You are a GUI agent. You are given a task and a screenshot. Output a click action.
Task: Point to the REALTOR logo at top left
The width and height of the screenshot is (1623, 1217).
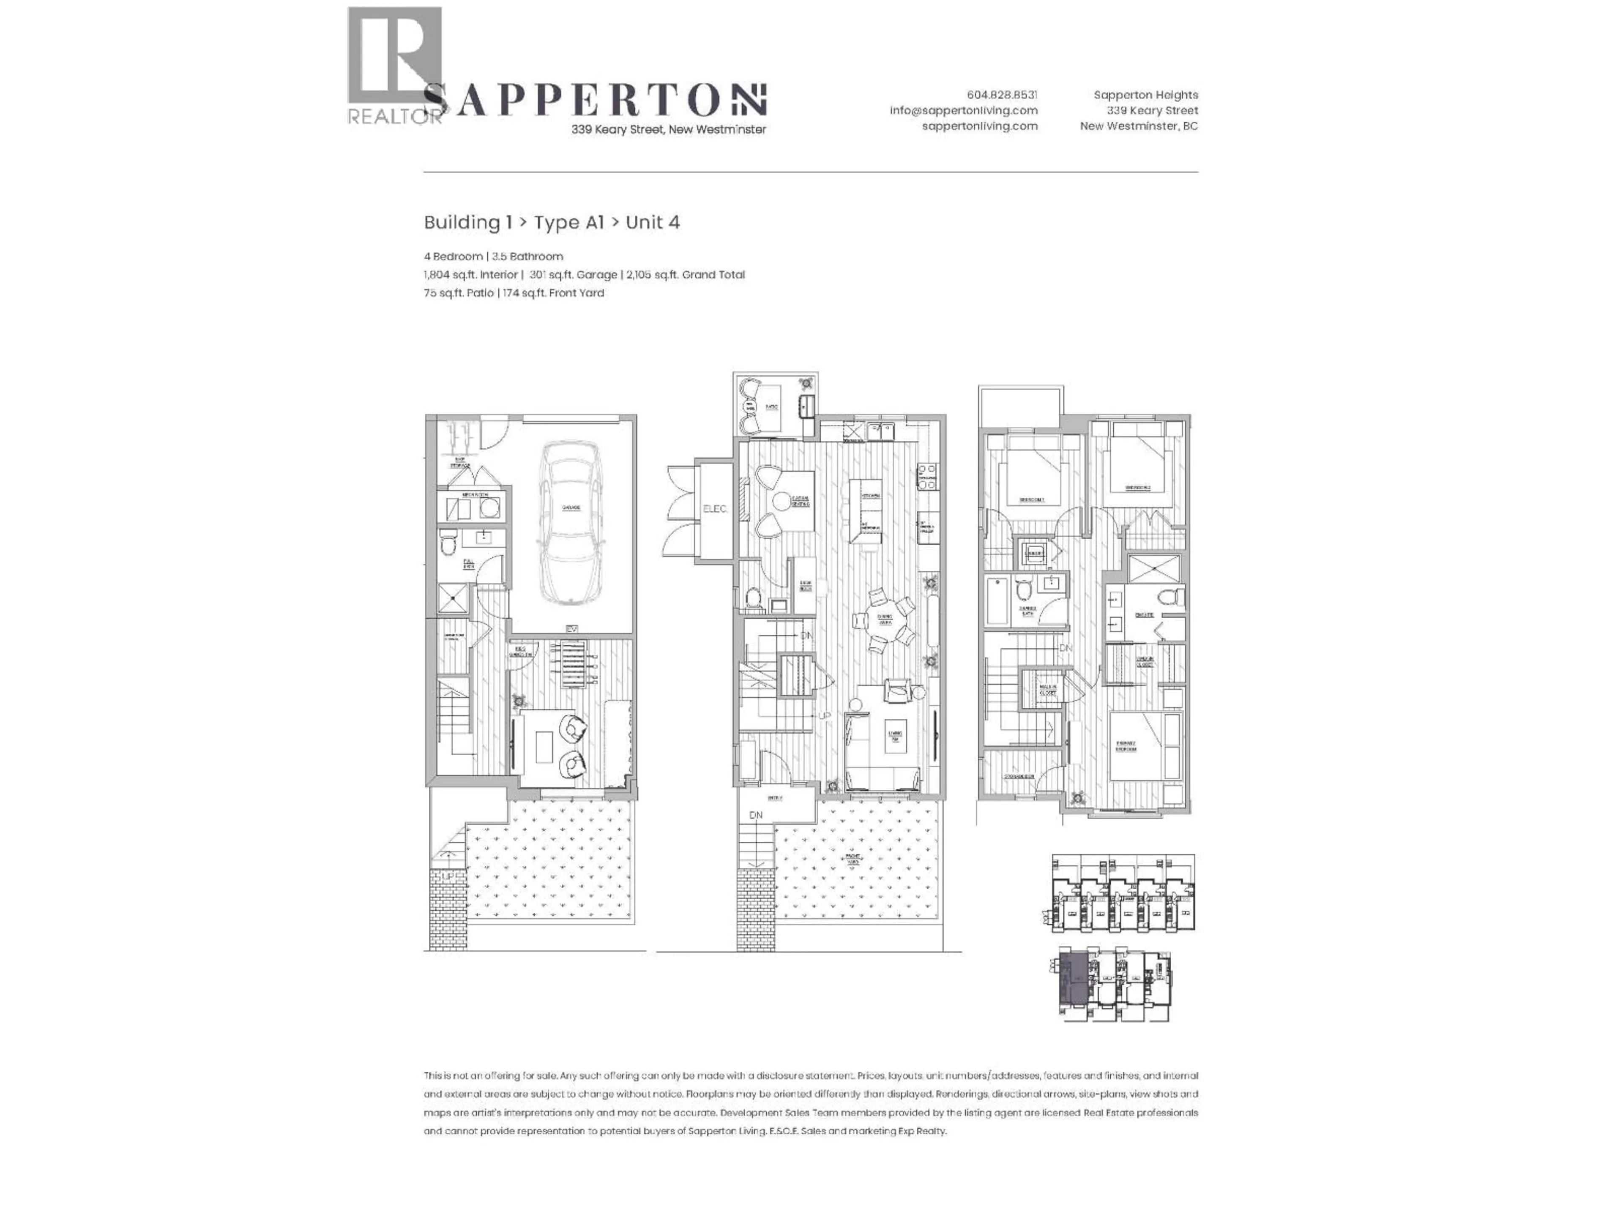395,66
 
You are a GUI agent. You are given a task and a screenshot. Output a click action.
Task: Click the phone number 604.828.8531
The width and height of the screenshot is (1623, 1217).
1002,95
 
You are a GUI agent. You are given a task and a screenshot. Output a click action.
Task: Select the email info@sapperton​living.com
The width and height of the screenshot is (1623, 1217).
963,110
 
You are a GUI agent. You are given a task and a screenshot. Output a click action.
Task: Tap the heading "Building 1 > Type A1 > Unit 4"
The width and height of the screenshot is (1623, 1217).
552,222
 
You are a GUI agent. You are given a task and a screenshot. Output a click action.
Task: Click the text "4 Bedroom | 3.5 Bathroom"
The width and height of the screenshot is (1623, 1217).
493,256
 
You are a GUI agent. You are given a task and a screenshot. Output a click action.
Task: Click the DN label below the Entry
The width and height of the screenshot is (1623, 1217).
756,815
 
